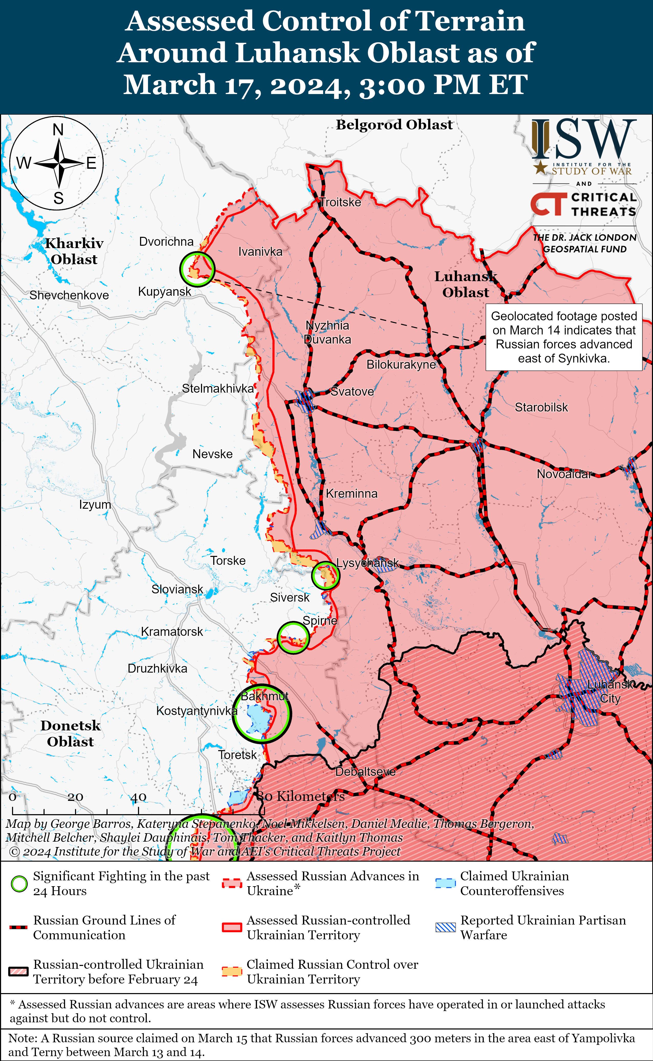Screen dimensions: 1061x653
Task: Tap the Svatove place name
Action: tap(352, 392)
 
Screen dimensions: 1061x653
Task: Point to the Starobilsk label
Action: tap(541, 407)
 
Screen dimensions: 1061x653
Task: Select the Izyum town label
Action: tap(94, 505)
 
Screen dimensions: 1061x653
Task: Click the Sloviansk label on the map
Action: tap(177, 589)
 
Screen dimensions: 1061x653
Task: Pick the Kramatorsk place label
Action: tap(172, 631)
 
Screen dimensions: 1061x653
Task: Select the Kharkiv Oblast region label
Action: tap(74, 251)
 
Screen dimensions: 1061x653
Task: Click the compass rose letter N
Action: tap(58, 130)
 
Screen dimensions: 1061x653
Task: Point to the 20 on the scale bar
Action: tap(75, 797)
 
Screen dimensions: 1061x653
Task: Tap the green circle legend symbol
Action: tap(19, 884)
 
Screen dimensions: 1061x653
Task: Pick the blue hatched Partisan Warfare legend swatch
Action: tap(445, 927)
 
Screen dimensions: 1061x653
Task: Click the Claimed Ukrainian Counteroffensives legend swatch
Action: tap(445, 883)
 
